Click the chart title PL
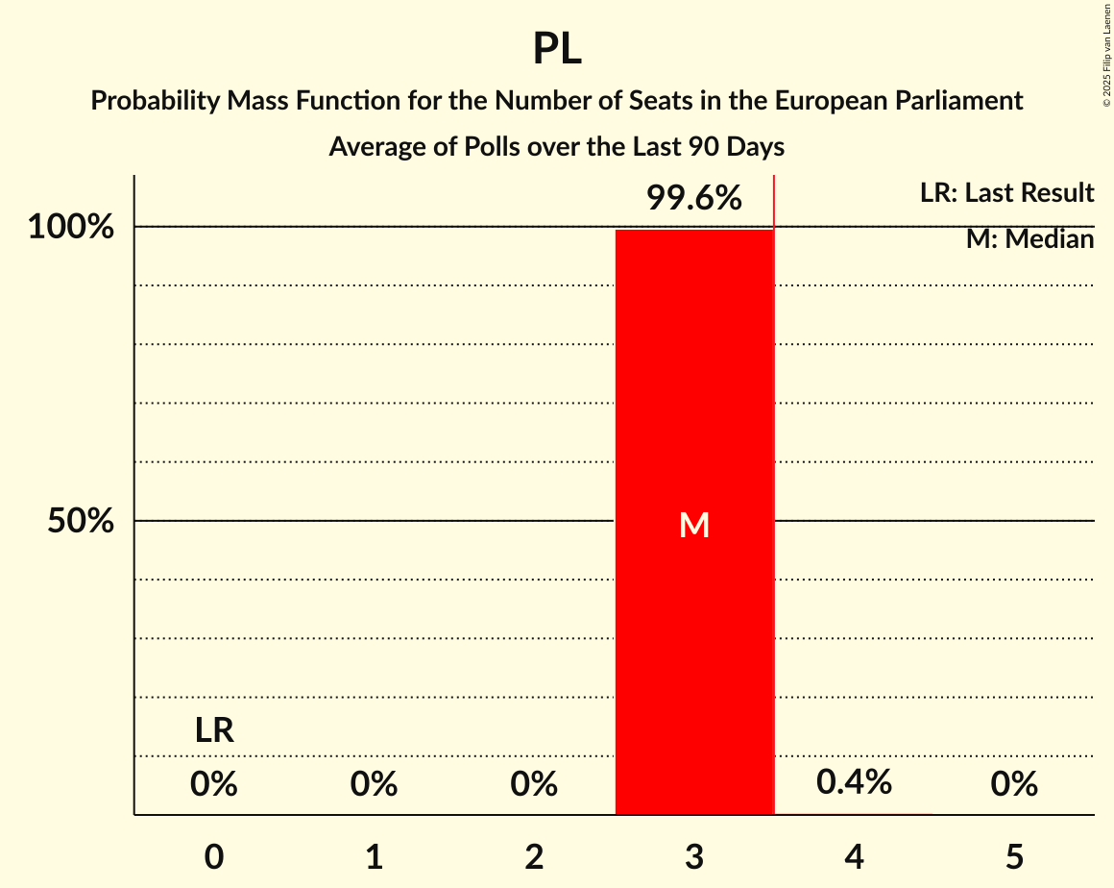pos(557,49)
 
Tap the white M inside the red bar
pos(694,525)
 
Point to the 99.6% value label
pos(693,199)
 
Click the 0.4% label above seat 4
pos(854,782)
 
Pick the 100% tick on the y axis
pos(71,228)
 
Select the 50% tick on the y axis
pos(81,522)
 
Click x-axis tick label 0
pos(214,857)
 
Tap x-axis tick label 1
pos(375,857)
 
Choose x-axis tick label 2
pos(534,857)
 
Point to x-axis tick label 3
pos(694,857)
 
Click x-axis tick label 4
pos(855,857)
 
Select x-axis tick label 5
pos(1014,857)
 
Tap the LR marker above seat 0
pos(214,731)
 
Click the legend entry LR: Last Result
pos(1006,193)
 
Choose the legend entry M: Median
pos(1029,239)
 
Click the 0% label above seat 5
pos(1014,785)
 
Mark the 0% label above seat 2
pos(534,785)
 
